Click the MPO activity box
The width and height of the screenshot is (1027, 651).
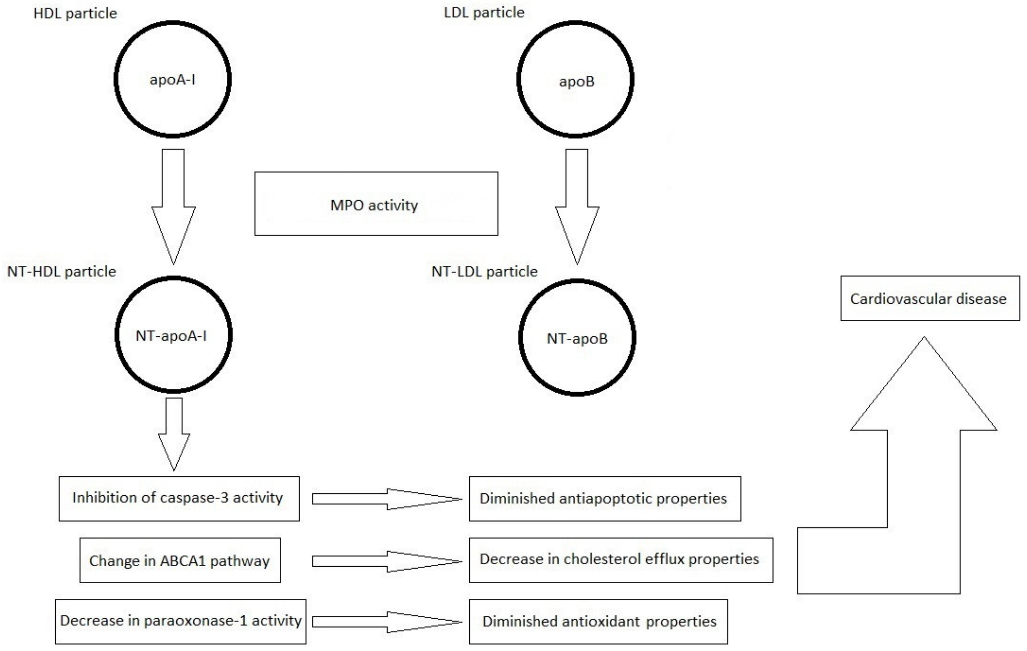[x=376, y=204]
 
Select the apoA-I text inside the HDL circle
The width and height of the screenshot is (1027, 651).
[x=172, y=80]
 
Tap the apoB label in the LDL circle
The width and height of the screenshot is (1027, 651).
[x=576, y=81]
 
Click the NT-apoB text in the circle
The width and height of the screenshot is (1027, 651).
[x=577, y=339]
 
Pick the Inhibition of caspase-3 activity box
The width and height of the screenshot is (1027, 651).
[x=179, y=498]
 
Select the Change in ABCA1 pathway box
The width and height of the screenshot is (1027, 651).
[x=180, y=560]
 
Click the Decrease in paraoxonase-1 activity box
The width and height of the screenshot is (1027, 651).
[x=180, y=621]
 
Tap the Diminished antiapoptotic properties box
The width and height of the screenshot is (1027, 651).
[x=604, y=498]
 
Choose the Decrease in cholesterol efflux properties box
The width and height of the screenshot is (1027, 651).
[x=621, y=560]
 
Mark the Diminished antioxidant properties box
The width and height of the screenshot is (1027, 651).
[x=598, y=621]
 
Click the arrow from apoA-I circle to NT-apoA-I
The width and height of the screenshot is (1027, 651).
[x=173, y=205]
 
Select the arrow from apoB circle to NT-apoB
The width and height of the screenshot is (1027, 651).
[x=576, y=205]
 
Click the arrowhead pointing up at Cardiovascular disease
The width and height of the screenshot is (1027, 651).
[x=923, y=392]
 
